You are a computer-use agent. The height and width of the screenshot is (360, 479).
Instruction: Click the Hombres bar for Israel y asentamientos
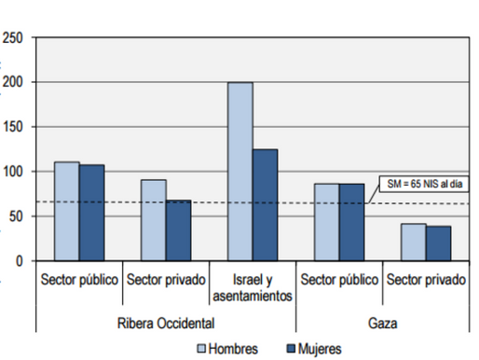[x=240, y=172]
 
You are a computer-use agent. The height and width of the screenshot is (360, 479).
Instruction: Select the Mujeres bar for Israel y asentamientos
[x=265, y=204]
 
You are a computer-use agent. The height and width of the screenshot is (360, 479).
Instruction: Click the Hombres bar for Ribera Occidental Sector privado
[x=153, y=220]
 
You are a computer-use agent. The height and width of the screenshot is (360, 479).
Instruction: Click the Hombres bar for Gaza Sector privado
[x=414, y=242]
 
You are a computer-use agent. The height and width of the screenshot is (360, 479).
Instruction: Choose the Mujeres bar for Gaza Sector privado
[x=438, y=243]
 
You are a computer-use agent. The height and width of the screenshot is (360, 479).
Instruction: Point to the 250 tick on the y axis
[x=13, y=38]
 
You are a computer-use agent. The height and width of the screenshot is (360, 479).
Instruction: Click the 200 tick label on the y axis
[x=13, y=82]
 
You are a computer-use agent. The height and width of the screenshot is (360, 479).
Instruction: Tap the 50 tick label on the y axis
[x=17, y=216]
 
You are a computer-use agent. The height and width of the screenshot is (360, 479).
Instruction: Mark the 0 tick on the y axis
[x=20, y=261]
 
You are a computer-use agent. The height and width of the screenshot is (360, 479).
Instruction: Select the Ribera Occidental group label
[x=167, y=322]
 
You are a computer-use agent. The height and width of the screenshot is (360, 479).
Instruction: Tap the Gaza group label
[x=383, y=322]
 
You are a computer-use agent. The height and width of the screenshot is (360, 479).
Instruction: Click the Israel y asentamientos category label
[x=253, y=287]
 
